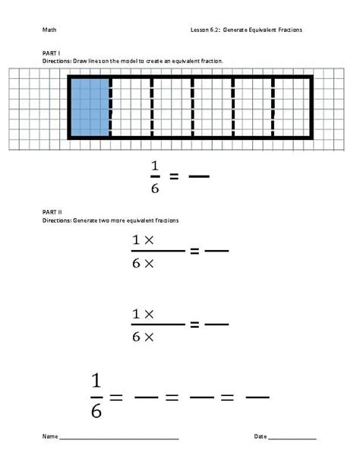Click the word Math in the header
coord(49,30)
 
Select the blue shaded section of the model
coord(90,107)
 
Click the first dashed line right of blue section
coord(111,107)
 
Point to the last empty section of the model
coord(292,107)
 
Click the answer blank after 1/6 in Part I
coord(199,177)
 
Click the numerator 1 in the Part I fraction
coord(154,166)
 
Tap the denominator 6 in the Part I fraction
coord(154,187)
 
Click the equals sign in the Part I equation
coord(174,177)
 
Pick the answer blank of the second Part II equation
coord(216,325)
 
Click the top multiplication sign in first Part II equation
coord(149,239)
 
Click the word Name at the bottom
coord(50,437)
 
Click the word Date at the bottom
coord(261,437)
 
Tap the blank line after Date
coord(292,439)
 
